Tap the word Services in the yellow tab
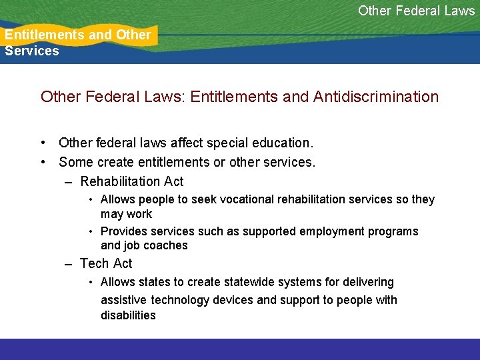coord(32,51)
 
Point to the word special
coord(229,143)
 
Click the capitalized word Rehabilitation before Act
coord(121,181)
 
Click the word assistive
coord(124,300)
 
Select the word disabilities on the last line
coord(128,315)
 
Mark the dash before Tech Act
coord(69,264)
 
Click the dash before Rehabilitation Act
coord(69,182)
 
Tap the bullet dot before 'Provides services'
coord(91,231)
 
